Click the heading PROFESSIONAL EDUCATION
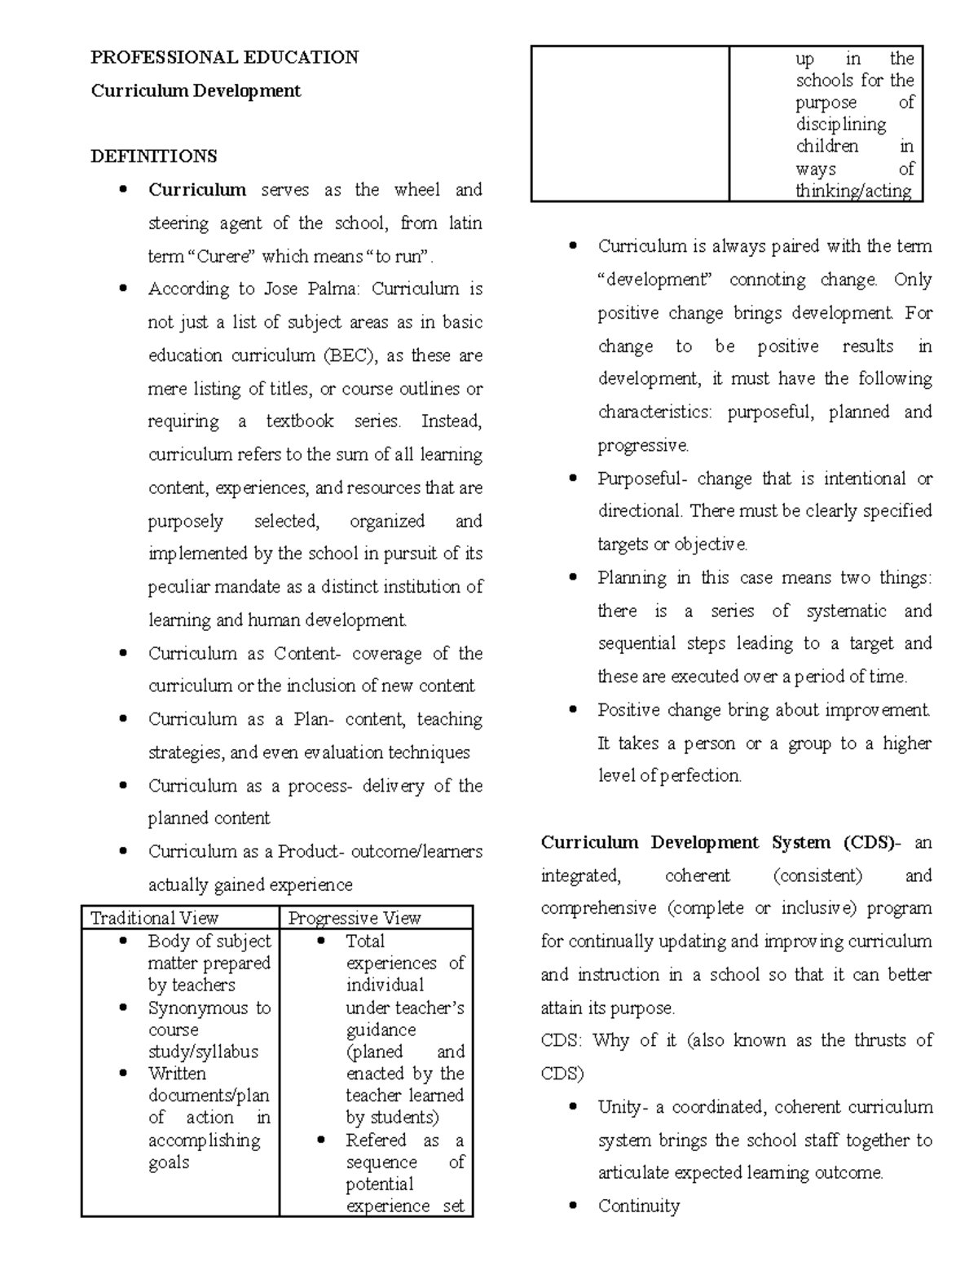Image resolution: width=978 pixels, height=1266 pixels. (224, 57)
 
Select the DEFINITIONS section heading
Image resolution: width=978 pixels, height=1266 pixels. (153, 156)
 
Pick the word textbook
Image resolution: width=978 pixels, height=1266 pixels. (300, 421)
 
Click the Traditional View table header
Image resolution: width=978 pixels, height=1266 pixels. (155, 918)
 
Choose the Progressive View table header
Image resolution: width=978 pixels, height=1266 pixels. (355, 918)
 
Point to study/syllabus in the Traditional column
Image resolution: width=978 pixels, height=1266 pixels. (203, 1052)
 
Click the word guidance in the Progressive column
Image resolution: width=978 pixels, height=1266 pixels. (381, 1030)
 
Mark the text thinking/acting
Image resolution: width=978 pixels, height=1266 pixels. (853, 191)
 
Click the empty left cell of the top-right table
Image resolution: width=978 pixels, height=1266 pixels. (630, 123)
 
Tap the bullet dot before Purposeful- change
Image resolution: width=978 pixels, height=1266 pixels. (574, 479)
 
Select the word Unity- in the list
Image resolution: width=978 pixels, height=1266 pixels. (623, 1107)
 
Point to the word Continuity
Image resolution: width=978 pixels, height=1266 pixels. (638, 1206)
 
